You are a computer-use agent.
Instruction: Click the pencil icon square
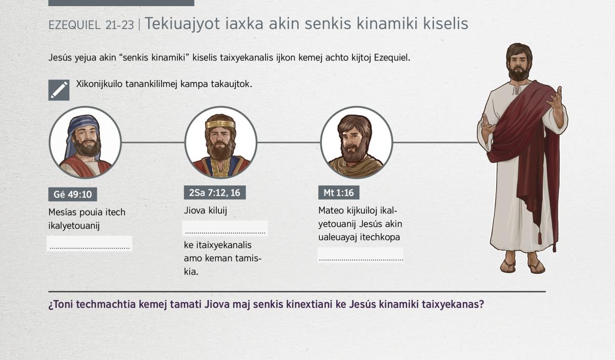[x=59, y=90]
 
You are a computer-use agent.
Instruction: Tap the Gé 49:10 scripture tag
[x=72, y=194]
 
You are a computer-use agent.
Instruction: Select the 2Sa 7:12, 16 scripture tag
[x=215, y=193]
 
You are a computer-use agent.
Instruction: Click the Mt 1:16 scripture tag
[x=339, y=193]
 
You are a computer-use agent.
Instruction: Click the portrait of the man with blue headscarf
[x=85, y=143]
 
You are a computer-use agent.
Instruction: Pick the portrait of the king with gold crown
[x=221, y=143]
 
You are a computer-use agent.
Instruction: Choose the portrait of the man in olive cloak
[x=356, y=143]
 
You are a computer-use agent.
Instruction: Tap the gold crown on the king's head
[x=220, y=124]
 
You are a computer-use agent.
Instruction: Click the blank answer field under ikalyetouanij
[x=90, y=243]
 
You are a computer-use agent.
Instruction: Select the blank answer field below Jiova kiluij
[x=225, y=228]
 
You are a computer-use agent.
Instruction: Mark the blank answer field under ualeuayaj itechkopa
[x=360, y=255]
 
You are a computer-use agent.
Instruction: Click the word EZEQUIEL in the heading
[x=74, y=25]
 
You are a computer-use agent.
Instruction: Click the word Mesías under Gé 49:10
[x=62, y=212]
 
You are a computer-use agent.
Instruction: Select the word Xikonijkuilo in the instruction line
[x=99, y=84]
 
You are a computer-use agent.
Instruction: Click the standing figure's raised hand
[x=555, y=98]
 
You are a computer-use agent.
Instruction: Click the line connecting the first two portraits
[x=153, y=142]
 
